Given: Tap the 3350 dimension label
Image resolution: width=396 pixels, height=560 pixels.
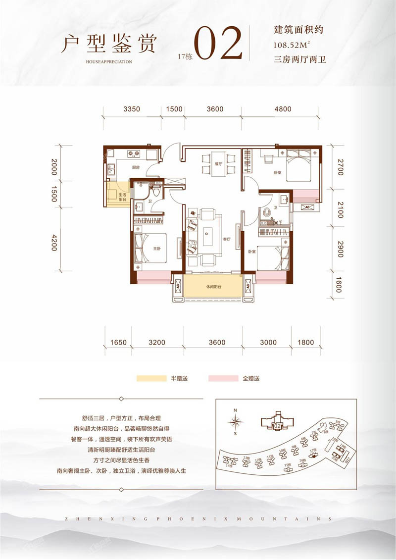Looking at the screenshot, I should click(x=133, y=109).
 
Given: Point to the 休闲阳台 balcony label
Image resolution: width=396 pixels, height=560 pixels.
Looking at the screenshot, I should click(x=213, y=287).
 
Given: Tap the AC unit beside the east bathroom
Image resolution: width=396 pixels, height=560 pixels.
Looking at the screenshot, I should click(x=306, y=207).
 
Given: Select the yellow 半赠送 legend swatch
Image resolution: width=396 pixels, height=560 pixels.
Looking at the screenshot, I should click(x=151, y=379).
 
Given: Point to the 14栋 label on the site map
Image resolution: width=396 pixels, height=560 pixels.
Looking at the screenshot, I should click(x=228, y=466).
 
